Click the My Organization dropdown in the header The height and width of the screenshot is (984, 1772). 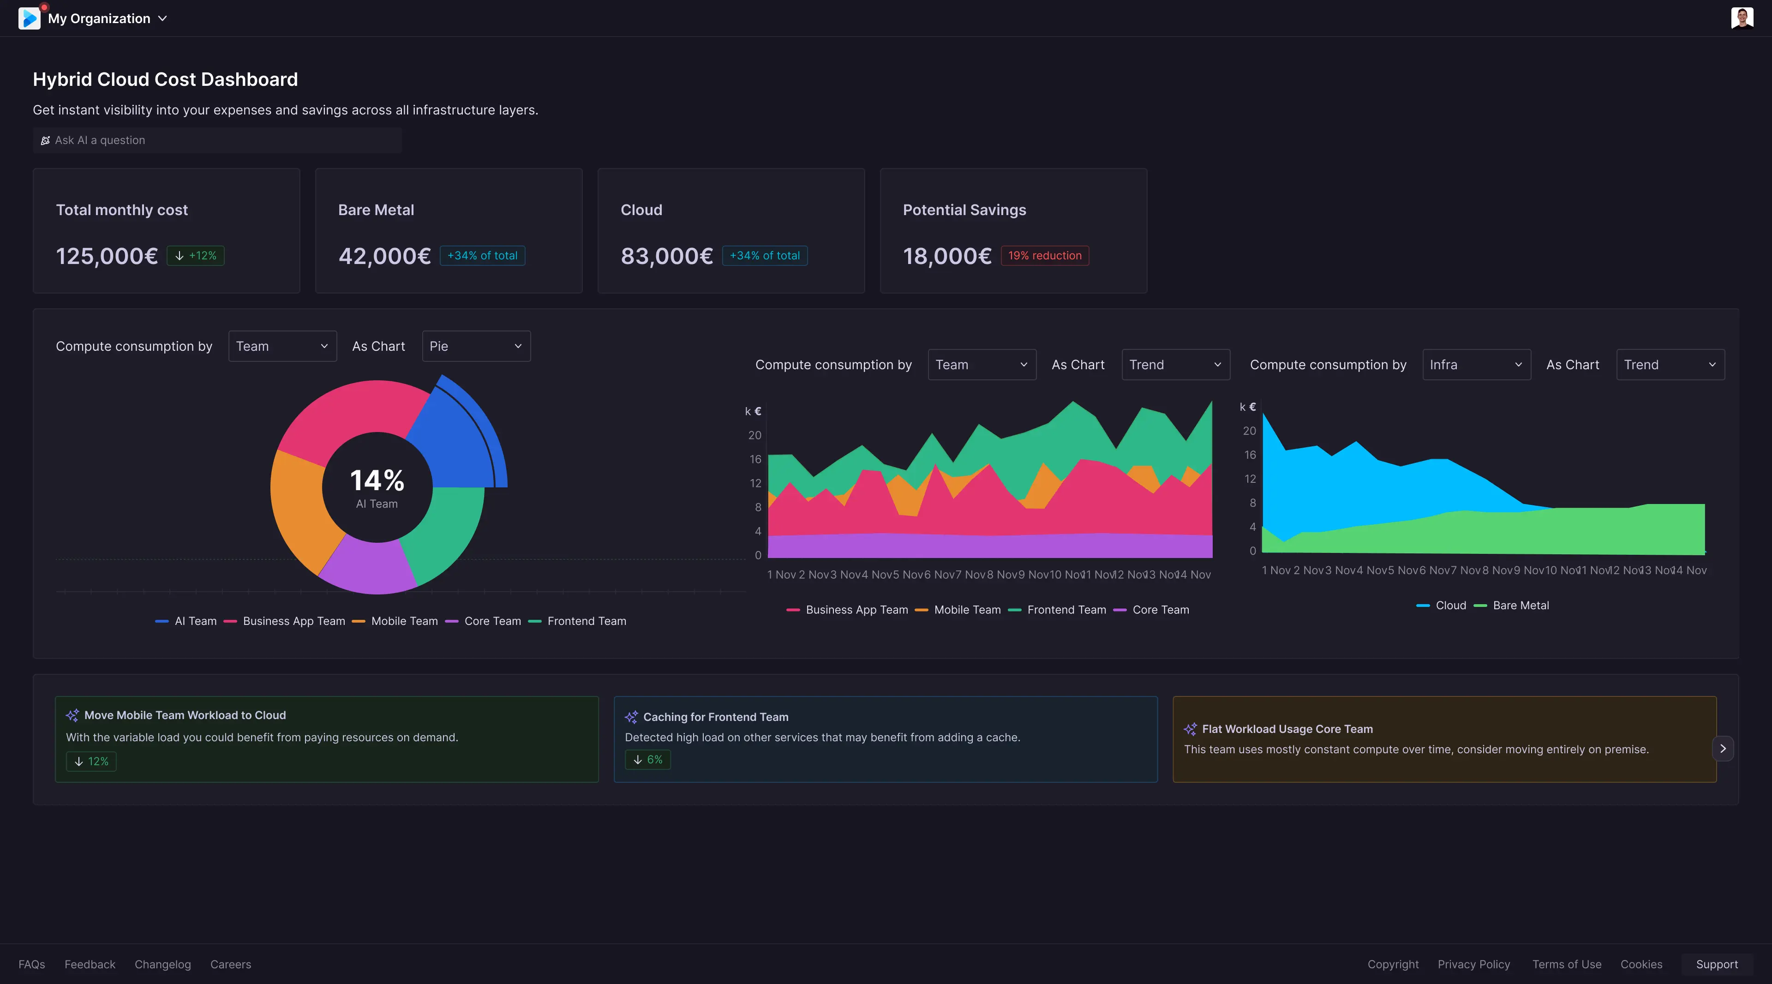[x=107, y=18]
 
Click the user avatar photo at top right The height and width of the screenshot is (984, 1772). [x=1742, y=18]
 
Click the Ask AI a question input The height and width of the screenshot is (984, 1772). [x=217, y=140]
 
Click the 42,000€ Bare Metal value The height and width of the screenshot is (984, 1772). [x=384, y=256]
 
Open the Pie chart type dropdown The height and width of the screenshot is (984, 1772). [x=476, y=346]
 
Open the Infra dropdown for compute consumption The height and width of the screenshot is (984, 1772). [x=1476, y=365]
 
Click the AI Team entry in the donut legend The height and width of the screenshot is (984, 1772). [x=186, y=621]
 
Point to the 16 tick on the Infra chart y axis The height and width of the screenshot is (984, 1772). [x=1250, y=455]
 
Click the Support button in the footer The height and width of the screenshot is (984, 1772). [x=1716, y=964]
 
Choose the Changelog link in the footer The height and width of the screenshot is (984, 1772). [x=163, y=964]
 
